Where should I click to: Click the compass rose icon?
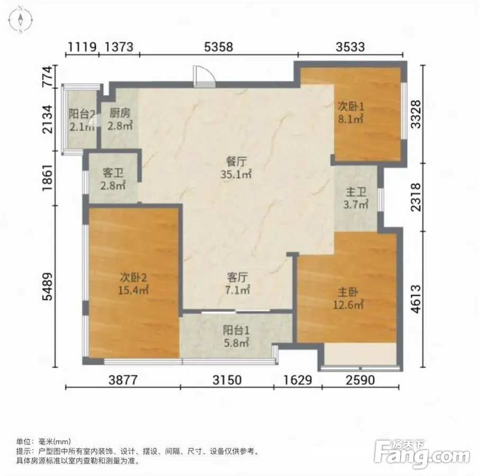[20, 20]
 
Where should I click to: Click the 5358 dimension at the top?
[219, 47]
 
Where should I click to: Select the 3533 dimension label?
[350, 47]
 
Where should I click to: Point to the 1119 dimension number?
[82, 47]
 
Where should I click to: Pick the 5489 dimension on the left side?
[48, 287]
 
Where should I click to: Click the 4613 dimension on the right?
[416, 299]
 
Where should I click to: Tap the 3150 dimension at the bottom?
[227, 380]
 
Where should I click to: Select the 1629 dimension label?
[297, 380]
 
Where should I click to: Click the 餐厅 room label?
[236, 161]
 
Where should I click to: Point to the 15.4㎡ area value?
[133, 290]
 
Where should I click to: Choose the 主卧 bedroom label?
[348, 292]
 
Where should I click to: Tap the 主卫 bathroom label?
[356, 192]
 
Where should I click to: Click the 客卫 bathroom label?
[113, 173]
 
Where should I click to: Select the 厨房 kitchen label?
[120, 113]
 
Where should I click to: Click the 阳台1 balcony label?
[236, 331]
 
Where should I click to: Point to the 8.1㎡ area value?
[351, 119]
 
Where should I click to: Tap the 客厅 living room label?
[237, 277]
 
